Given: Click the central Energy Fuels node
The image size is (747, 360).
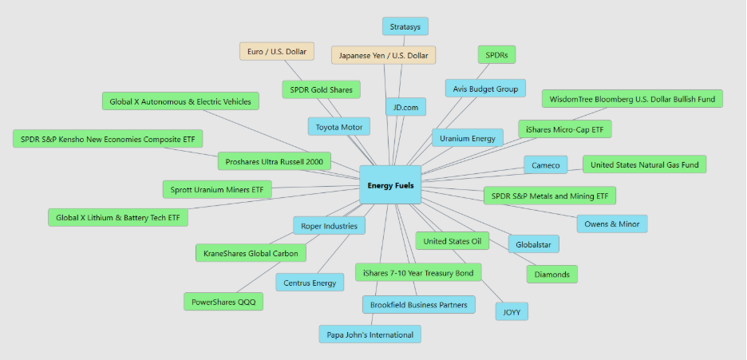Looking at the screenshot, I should pyautogui.click(x=390, y=184).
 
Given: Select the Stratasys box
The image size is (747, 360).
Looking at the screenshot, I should pyautogui.click(x=405, y=26).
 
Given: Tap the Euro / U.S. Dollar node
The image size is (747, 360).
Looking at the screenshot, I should pyautogui.click(x=277, y=51).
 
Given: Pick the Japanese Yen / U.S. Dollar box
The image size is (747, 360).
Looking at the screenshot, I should pyautogui.click(x=383, y=55).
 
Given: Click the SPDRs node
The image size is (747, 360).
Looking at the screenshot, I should pyautogui.click(x=496, y=55).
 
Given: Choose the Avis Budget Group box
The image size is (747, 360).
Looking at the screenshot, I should pyautogui.click(x=485, y=88).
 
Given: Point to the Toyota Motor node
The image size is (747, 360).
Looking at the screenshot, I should pyautogui.click(x=339, y=126).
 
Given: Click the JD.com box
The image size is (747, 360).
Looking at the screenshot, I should pyautogui.click(x=405, y=107).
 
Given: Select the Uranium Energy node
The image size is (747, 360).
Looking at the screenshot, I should pyautogui.click(x=468, y=138).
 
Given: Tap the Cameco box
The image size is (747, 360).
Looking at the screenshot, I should pyautogui.click(x=546, y=165).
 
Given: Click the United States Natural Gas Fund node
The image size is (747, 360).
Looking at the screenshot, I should pyautogui.click(x=644, y=164).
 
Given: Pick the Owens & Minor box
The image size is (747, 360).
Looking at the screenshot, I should pyautogui.click(x=612, y=224).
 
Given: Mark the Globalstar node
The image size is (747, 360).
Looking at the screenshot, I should pyautogui.click(x=534, y=243).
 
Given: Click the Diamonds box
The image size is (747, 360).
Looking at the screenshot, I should pyautogui.click(x=551, y=274).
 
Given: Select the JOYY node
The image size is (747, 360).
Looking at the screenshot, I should pyautogui.click(x=512, y=311).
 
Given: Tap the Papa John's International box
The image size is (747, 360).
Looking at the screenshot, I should pyautogui.click(x=370, y=334).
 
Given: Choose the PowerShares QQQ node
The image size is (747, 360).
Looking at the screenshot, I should pyautogui.click(x=223, y=302).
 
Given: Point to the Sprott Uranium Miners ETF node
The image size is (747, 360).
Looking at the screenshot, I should pyautogui.click(x=216, y=189).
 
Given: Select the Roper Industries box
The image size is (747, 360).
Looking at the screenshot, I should pyautogui.click(x=329, y=226).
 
